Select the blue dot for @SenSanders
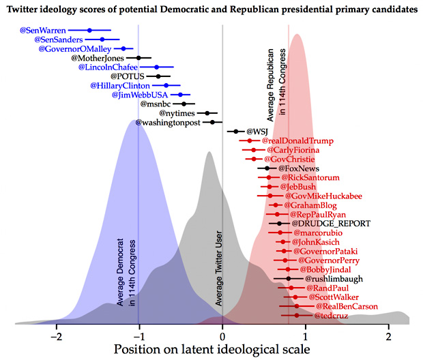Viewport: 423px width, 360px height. click(102, 40)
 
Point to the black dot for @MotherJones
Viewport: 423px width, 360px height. click(138, 58)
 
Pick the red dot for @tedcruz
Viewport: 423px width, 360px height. click(296, 316)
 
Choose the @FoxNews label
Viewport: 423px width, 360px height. click(299, 168)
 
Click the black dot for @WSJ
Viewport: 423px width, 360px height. click(236, 132)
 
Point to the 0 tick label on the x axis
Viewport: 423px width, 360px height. click(222, 336)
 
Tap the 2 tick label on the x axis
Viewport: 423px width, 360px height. click(388, 336)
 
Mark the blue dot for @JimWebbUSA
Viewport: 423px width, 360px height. click(180, 95)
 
